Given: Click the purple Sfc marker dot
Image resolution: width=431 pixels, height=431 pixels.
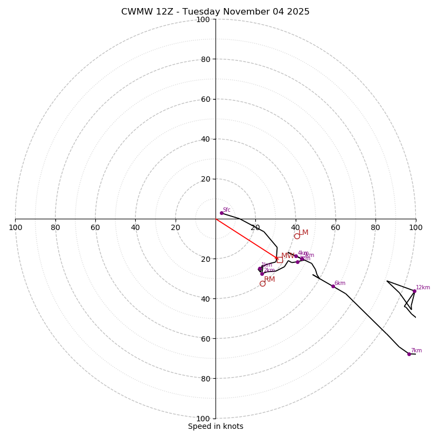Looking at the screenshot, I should pyautogui.click(x=221, y=213).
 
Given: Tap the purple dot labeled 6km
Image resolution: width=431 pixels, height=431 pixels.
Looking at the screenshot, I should pyautogui.click(x=333, y=286).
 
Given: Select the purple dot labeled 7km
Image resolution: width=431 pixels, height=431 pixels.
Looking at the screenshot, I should pyautogui.click(x=409, y=354).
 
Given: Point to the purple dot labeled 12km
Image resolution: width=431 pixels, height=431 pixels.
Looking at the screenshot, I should pyautogui.click(x=414, y=291).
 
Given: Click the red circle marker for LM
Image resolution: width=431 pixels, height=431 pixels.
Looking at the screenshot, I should pyautogui.click(x=297, y=236).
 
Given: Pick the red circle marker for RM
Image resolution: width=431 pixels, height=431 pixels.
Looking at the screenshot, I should pyautogui.click(x=262, y=283).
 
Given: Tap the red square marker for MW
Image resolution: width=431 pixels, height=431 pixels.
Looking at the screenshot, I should pyautogui.click(x=280, y=260).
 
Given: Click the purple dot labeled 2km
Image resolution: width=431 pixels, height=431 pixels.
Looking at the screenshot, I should pyautogui.click(x=262, y=274).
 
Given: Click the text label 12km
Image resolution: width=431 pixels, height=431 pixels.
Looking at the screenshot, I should pyautogui.click(x=423, y=288).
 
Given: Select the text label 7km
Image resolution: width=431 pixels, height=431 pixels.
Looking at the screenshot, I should pyautogui.click(x=416, y=351).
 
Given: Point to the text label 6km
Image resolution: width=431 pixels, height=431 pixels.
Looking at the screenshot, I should pyautogui.click(x=340, y=283).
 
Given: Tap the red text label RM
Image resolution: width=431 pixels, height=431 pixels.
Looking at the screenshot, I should pyautogui.click(x=269, y=280).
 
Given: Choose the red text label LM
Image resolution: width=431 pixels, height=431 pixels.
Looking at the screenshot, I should pyautogui.click(x=303, y=233).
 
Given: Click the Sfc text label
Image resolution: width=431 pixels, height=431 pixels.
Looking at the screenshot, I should pyautogui.click(x=227, y=210).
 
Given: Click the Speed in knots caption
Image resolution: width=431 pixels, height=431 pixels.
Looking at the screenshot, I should pyautogui.click(x=215, y=426).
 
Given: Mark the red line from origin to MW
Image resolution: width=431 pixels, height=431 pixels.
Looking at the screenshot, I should pyautogui.click(x=247, y=239).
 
